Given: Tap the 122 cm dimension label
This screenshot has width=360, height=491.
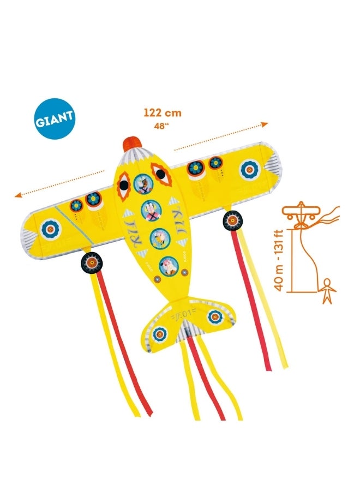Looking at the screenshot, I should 163,113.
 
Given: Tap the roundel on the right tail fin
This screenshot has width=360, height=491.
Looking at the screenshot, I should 215,316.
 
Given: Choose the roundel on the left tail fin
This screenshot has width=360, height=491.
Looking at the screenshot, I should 160,333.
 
